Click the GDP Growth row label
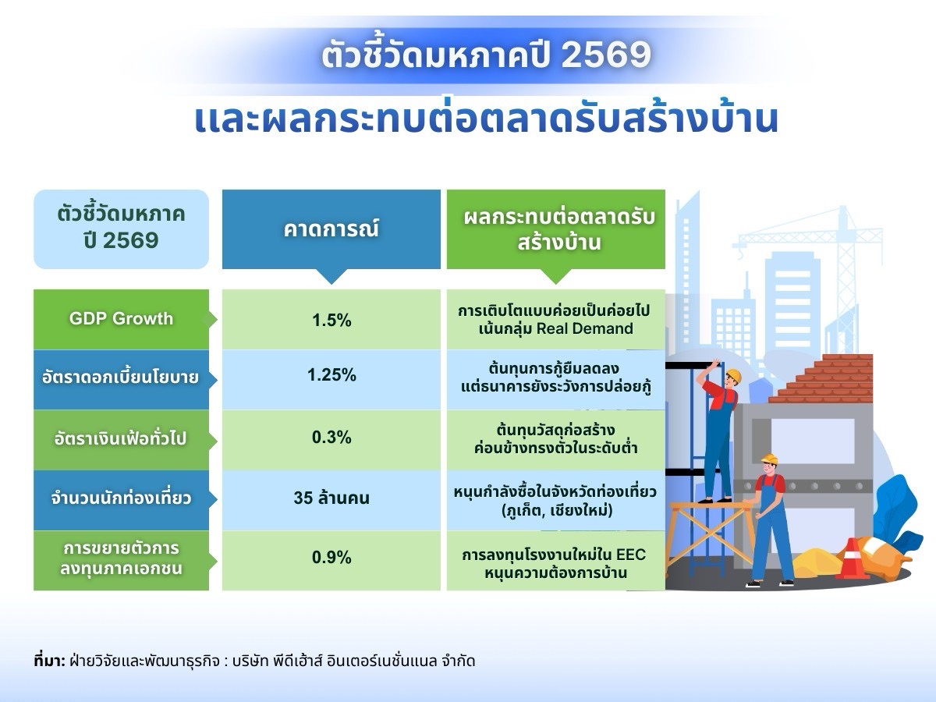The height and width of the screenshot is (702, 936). (121, 319)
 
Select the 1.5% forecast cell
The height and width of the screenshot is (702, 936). (331, 320)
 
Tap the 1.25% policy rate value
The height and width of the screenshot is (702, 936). (331, 375)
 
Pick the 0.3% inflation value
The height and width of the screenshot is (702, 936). (331, 438)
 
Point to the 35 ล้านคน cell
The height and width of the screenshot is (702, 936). (331, 498)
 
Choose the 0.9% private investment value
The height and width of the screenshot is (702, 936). (331, 558)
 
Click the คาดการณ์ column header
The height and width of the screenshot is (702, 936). (331, 229)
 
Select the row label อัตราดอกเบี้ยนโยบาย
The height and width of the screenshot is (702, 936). (121, 378)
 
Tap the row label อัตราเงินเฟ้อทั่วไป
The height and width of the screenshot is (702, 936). (121, 438)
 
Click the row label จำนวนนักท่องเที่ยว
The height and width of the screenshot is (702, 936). (121, 498)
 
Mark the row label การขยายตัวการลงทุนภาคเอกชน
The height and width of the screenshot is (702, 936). (121, 559)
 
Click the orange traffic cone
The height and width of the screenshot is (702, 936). (852, 558)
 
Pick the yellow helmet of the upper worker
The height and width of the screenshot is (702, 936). (732, 376)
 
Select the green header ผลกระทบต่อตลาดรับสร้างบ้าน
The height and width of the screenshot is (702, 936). (555, 229)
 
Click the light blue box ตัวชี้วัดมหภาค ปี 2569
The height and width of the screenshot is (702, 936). (121, 228)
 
